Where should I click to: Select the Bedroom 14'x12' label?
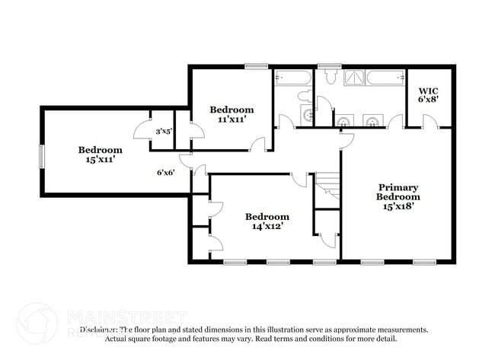pyautogui.click(x=267, y=221)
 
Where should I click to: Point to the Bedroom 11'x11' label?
pyautogui.click(x=232, y=114)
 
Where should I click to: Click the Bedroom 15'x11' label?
pyautogui.click(x=100, y=155)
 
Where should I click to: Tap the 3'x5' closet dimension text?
pyautogui.click(x=164, y=132)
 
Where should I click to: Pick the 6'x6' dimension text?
pyautogui.click(x=166, y=172)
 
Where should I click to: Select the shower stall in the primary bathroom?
pyautogui.click(x=354, y=78)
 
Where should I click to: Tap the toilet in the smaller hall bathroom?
pyautogui.click(x=304, y=97)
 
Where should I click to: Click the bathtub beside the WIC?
pyautogui.click(x=385, y=78)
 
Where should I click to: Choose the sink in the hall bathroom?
pyautogui.click(x=308, y=115)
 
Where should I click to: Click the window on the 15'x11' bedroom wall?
pyautogui.click(x=41, y=155)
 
